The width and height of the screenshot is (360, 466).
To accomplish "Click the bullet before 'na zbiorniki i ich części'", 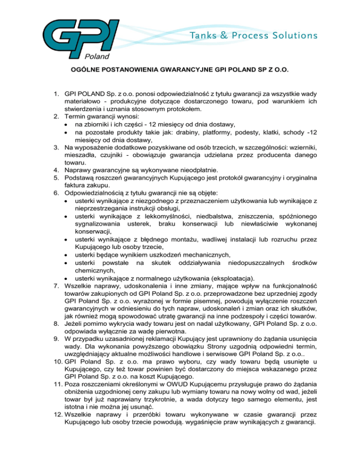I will [68, 124].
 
